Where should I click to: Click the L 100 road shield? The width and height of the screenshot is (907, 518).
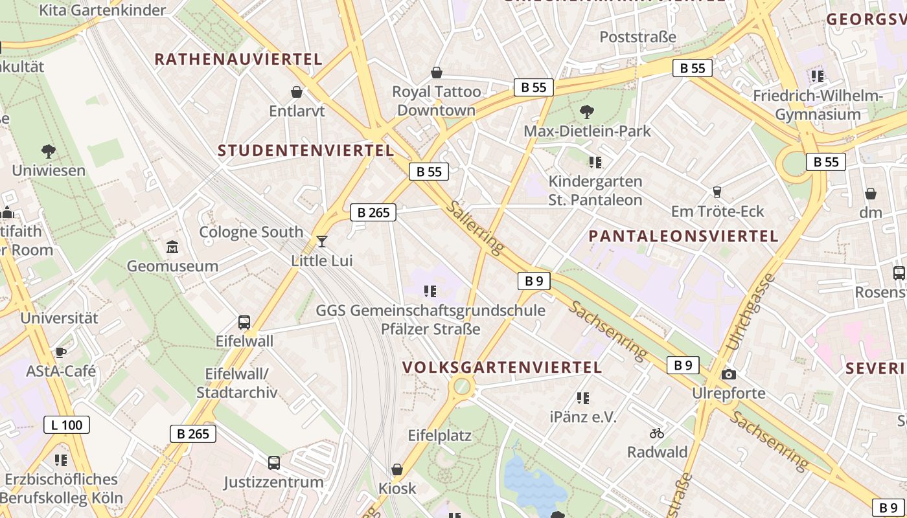[x=67, y=425]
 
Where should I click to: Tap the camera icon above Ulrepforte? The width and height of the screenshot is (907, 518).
[x=729, y=374]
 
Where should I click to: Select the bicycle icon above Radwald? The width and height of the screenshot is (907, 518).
[x=657, y=433]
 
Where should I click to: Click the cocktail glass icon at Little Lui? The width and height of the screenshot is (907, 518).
[x=322, y=242]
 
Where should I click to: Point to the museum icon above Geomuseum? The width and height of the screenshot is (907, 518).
[x=172, y=247]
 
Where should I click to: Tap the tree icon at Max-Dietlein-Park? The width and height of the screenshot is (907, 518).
[x=587, y=111]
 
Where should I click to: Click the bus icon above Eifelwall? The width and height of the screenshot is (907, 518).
[x=244, y=322]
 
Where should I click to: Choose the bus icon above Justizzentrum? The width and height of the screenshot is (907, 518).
[x=274, y=462]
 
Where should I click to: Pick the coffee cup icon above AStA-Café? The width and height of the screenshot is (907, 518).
[x=60, y=352]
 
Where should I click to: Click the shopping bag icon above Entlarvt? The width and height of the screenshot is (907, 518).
[x=297, y=92]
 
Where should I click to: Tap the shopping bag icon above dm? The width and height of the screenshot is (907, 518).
[x=871, y=193]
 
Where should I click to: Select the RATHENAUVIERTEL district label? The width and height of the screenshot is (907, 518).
[x=238, y=60]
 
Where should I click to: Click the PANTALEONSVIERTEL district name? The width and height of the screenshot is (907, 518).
[x=683, y=236]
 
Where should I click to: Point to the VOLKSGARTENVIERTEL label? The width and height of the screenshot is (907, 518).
[x=502, y=367]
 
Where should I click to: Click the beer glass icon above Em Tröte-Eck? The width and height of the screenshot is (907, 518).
[x=717, y=192]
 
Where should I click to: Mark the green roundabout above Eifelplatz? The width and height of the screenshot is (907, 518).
[x=462, y=387]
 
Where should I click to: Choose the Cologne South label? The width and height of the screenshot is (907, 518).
[x=251, y=232]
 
